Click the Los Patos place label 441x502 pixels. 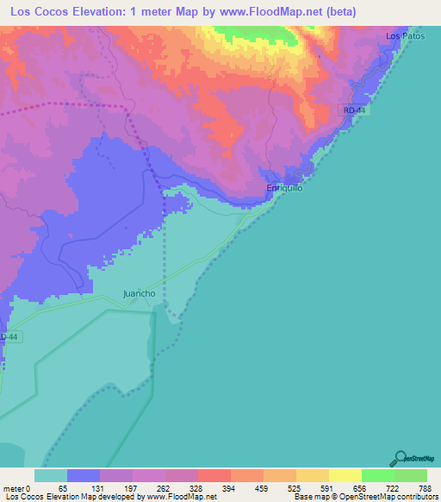click(406, 36)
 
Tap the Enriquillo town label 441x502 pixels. click(284, 188)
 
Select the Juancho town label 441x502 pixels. click(140, 293)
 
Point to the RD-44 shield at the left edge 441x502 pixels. click(8, 336)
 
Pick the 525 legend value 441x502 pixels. click(296, 487)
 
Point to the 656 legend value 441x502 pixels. click(362, 487)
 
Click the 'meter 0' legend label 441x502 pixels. click(17, 487)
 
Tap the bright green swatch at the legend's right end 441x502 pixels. click(411, 475)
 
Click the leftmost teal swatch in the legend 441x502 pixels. click(51, 475)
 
